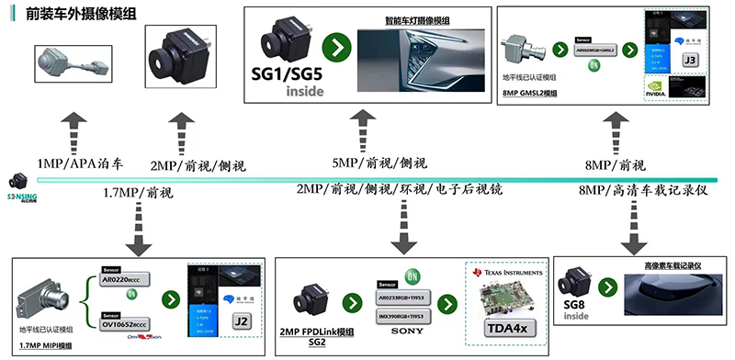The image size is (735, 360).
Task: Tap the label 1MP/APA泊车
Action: pyautogui.click(x=80, y=162)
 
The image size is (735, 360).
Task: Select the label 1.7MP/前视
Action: pyautogui.click(x=138, y=193)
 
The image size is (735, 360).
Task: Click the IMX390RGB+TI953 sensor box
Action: pyautogui.click(x=405, y=314)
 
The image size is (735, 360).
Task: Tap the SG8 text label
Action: pyautogui.click(x=576, y=304)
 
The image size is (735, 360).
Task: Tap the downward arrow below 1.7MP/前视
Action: pyautogui.click(x=141, y=230)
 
